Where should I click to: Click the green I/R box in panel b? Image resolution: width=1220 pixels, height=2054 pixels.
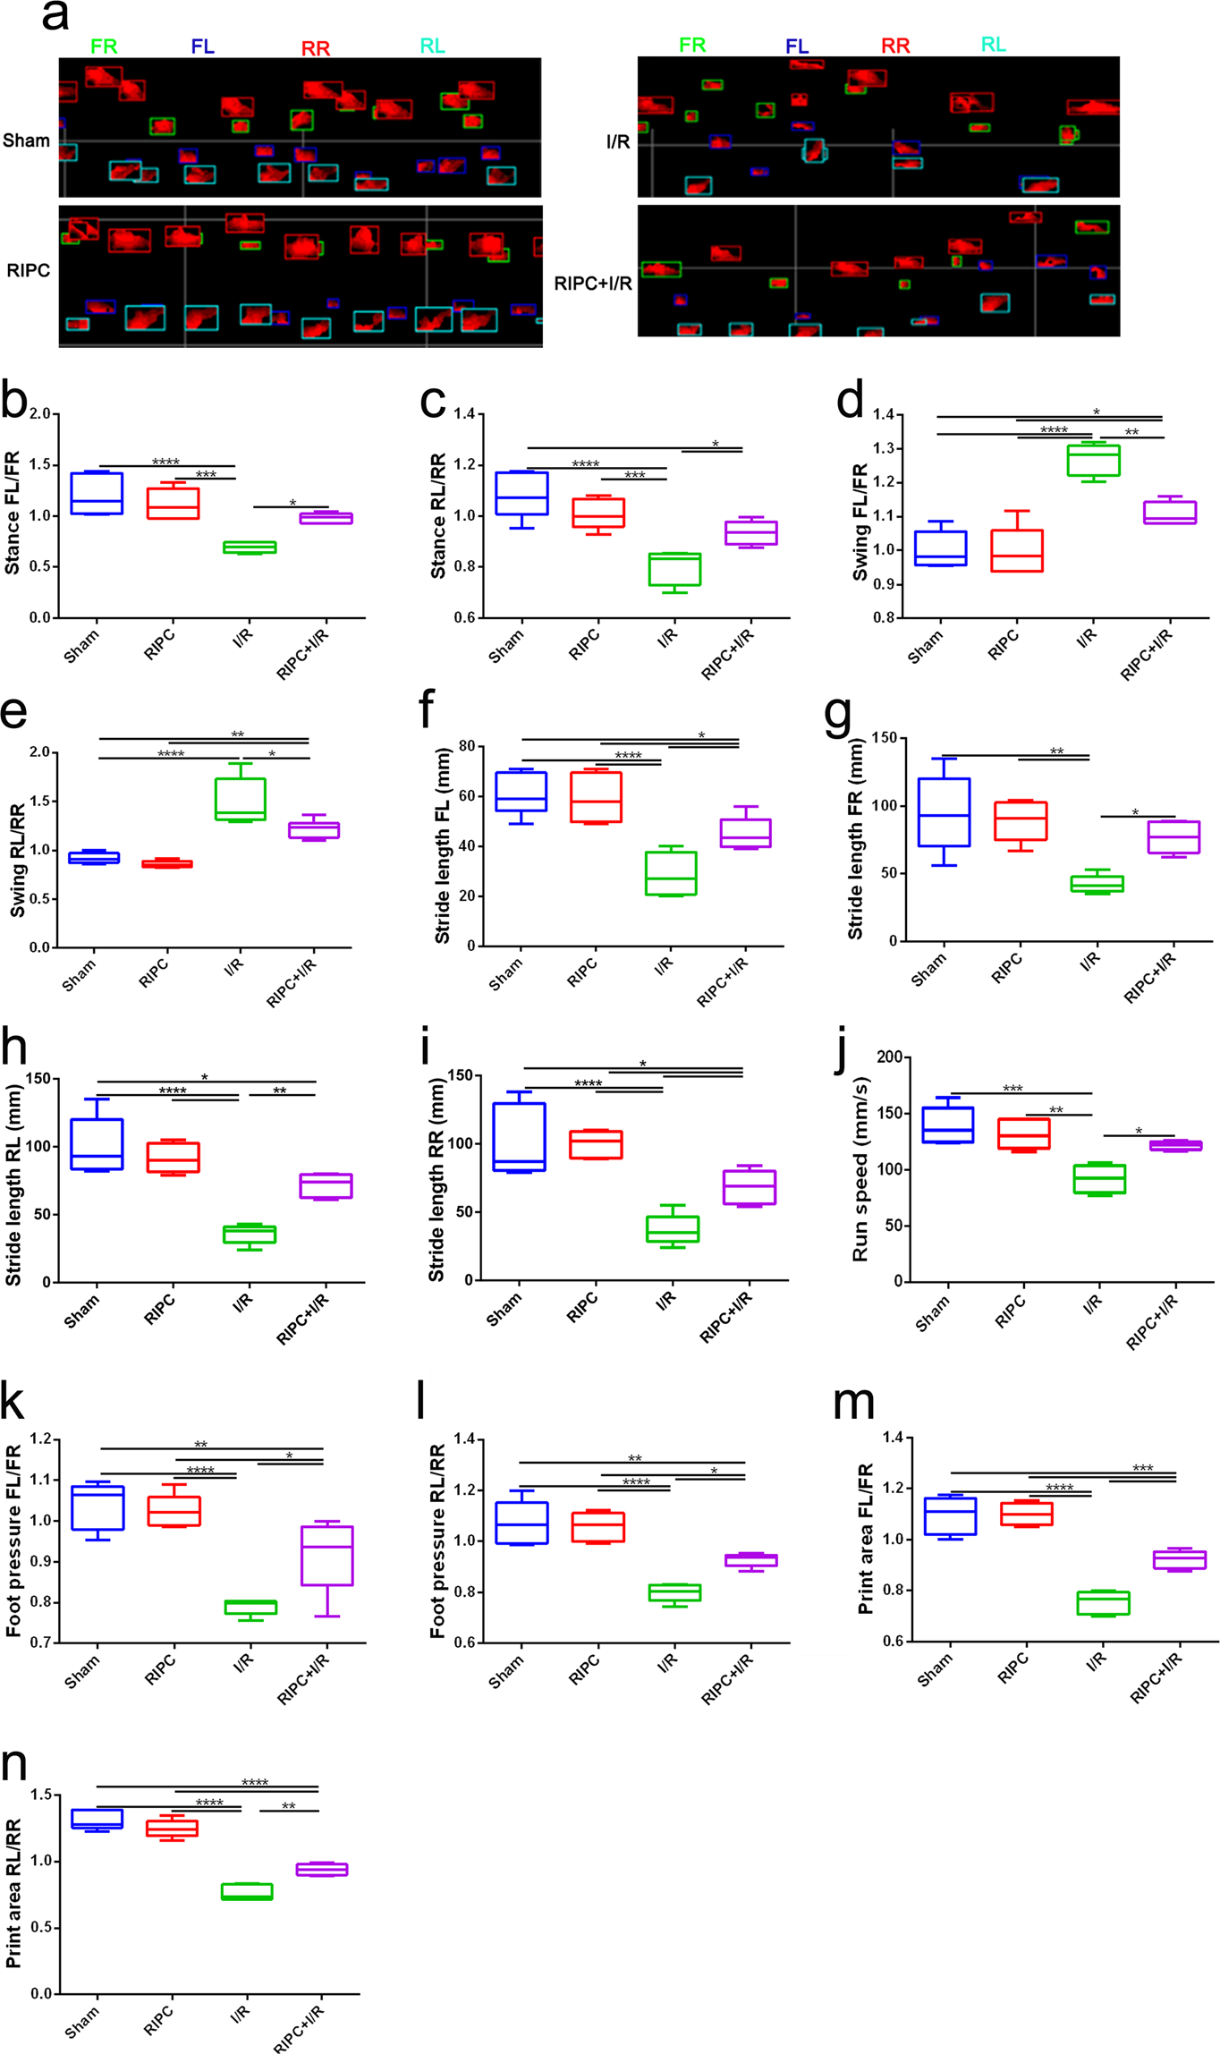tap(250, 547)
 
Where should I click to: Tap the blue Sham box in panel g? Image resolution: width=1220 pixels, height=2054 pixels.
tap(944, 811)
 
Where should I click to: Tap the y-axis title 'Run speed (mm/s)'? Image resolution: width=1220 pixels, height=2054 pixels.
tap(860, 1169)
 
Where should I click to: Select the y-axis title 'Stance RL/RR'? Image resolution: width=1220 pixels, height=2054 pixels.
tap(438, 516)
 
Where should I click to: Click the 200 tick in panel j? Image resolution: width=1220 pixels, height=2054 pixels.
tap(889, 1057)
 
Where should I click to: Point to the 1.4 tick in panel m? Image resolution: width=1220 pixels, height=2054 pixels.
tap(890, 1438)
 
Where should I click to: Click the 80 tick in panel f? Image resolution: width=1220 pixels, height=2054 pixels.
tap(466, 746)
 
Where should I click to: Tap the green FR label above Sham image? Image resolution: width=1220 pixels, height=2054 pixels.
tap(104, 47)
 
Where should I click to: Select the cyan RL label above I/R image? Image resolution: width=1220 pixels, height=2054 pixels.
tap(993, 45)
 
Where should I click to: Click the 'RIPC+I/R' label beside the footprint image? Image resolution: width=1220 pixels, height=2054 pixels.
tap(592, 284)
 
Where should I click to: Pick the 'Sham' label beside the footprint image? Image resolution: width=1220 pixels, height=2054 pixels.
tap(26, 140)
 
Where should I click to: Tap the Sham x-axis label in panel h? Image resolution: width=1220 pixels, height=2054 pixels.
tap(81, 1311)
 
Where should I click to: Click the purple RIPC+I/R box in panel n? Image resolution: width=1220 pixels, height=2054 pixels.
tap(322, 1869)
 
